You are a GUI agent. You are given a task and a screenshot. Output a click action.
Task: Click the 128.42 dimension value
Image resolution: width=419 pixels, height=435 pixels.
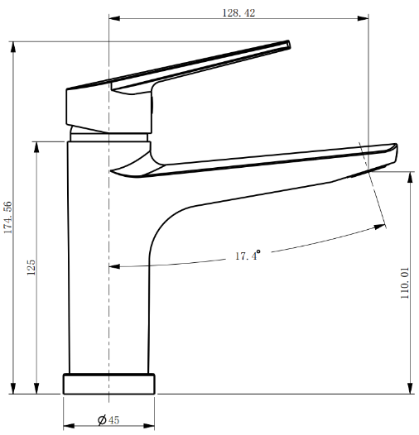(x=238, y=12)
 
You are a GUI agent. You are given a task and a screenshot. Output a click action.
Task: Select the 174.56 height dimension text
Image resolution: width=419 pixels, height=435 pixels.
(x=8, y=217)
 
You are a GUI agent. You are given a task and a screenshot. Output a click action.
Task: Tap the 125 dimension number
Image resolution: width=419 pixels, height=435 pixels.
(x=31, y=266)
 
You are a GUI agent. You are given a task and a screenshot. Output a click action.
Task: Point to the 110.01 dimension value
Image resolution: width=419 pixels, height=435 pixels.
(x=406, y=283)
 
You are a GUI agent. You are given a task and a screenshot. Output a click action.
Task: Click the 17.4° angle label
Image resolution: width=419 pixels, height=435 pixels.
(x=247, y=256)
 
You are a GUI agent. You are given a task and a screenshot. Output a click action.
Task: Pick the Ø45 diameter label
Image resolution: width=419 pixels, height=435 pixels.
(x=108, y=420)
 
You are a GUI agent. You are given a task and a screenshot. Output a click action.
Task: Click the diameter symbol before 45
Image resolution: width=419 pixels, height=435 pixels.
(x=102, y=420)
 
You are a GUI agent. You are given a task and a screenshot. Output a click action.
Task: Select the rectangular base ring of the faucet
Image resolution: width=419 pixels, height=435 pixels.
(x=109, y=385)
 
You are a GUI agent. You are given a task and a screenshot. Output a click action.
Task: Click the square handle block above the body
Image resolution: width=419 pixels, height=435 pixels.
(x=87, y=108)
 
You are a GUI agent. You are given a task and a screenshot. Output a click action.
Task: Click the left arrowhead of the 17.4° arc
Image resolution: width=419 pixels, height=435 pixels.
(x=114, y=266)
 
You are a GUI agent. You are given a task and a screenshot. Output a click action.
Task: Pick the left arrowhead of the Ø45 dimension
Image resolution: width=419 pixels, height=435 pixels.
(x=69, y=421)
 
